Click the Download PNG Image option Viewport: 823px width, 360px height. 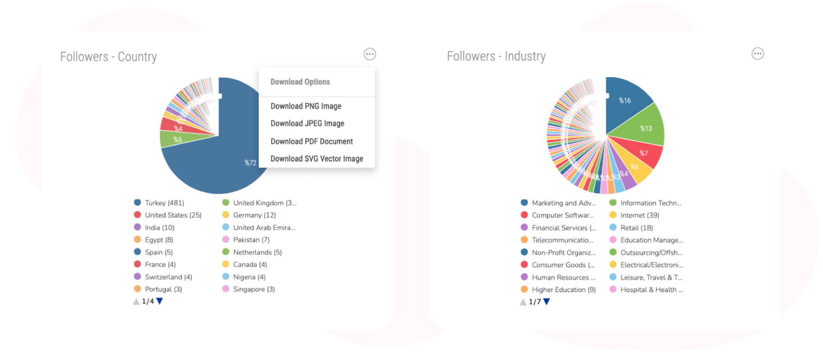click(x=305, y=106)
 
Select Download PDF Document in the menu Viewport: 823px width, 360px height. click(x=311, y=141)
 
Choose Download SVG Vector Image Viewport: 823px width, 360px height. click(x=317, y=159)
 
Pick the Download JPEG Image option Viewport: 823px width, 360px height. click(x=307, y=123)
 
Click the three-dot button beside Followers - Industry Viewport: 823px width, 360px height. click(x=758, y=54)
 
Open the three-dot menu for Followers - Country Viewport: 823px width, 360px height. click(x=370, y=54)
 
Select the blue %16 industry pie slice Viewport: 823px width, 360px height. click(x=626, y=99)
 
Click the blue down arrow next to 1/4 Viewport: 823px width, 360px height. click(x=160, y=302)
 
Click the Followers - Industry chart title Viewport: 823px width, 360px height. click(x=496, y=56)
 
